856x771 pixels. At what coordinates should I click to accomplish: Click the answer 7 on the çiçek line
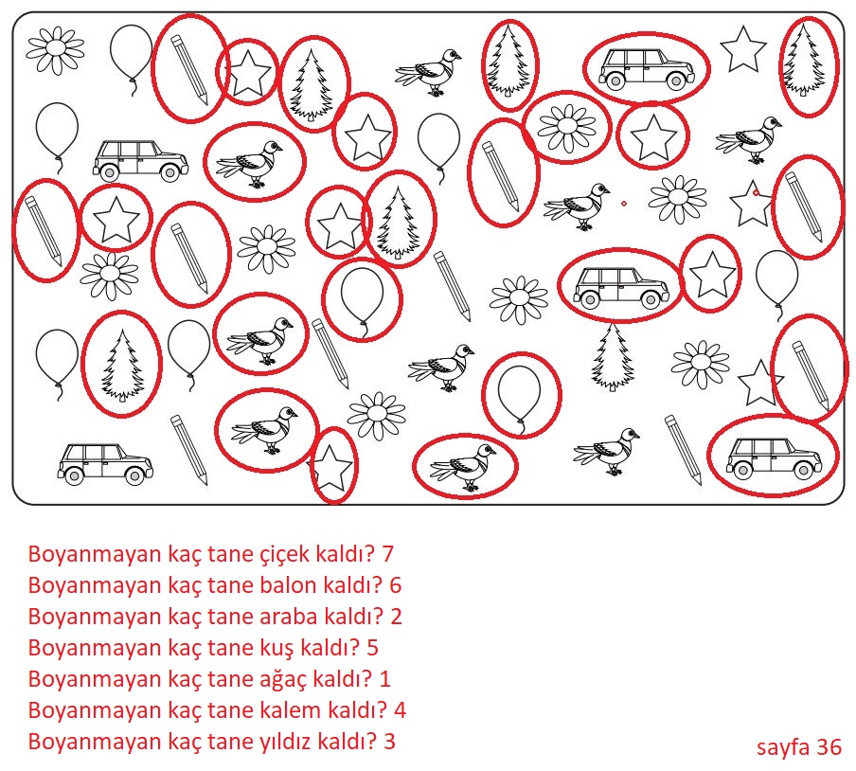[387, 554]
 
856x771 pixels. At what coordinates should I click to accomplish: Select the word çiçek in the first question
[281, 555]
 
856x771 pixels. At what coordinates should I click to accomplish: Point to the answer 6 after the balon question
[396, 585]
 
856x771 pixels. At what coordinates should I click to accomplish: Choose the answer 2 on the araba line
[397, 617]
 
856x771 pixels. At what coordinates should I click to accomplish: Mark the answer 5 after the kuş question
[372, 648]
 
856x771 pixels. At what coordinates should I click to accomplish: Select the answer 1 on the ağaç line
[384, 679]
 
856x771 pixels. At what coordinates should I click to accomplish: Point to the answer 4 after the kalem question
[400, 710]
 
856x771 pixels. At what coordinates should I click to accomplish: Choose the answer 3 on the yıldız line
[389, 742]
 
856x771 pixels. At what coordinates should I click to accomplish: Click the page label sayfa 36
[798, 747]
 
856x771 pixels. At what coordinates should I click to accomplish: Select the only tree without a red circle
[613, 357]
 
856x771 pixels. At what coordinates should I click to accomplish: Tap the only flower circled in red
[566, 127]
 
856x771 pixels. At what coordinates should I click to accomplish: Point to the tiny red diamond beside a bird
[624, 204]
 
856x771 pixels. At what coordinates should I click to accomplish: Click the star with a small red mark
[752, 205]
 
